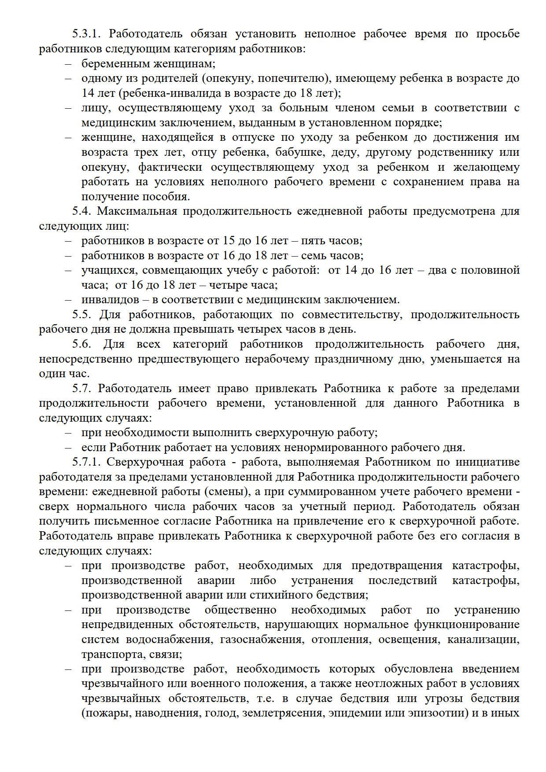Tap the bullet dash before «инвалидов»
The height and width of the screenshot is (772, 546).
coord(69,300)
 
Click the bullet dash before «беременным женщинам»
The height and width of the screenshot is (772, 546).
coord(69,64)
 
